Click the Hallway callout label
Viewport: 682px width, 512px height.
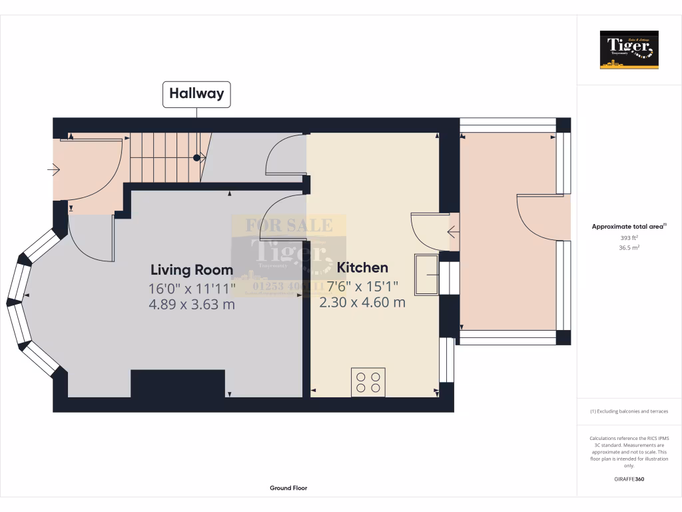(x=196, y=94)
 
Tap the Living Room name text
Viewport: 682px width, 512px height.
(x=192, y=270)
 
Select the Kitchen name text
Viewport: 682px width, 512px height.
(x=362, y=268)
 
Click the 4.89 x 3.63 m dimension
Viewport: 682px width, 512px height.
(x=192, y=304)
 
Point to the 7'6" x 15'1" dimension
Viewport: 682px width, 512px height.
(x=362, y=286)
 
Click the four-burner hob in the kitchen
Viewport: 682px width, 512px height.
(x=368, y=382)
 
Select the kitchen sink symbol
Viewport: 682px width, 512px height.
(x=426, y=274)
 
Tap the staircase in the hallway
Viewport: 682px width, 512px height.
(x=165, y=157)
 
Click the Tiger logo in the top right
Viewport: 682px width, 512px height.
(x=629, y=49)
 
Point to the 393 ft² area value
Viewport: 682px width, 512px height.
(x=629, y=237)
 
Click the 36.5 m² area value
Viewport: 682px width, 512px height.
(x=629, y=247)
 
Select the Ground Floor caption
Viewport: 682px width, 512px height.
(x=288, y=488)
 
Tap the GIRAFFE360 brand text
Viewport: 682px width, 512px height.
(x=629, y=479)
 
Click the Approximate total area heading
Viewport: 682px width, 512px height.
(x=629, y=227)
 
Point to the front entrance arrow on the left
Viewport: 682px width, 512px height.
(x=53, y=171)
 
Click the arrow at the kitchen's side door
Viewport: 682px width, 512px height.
(x=453, y=233)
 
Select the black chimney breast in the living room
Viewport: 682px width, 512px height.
(x=178, y=384)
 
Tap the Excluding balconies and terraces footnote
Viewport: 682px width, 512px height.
(x=629, y=411)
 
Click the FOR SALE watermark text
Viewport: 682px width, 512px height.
(x=289, y=225)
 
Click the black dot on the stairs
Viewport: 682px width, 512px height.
(x=196, y=158)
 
